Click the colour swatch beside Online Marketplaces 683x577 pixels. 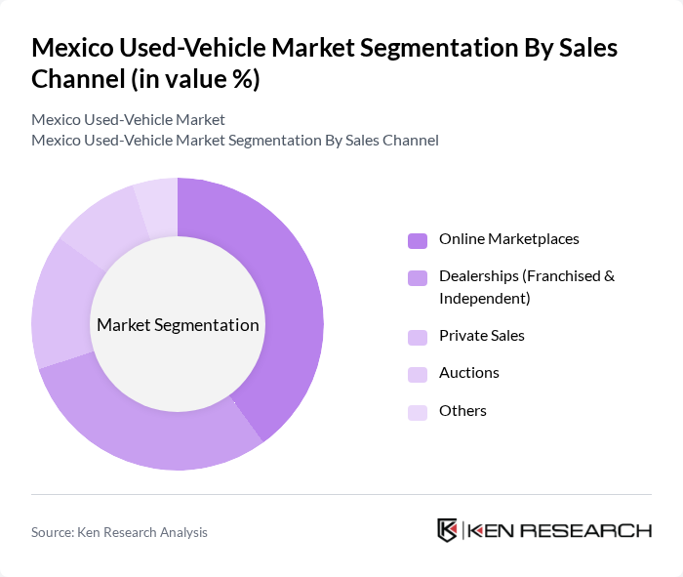[x=418, y=240]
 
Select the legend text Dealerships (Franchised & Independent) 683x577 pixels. [x=526, y=287]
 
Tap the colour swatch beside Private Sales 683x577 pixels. [x=418, y=337]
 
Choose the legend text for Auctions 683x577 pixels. [x=468, y=373]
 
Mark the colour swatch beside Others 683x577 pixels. [x=418, y=412]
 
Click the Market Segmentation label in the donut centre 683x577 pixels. [x=178, y=325]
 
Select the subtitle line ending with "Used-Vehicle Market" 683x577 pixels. [x=128, y=119]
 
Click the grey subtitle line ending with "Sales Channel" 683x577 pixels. [x=234, y=140]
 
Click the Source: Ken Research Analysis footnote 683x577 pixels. [x=119, y=532]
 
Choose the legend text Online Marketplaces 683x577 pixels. [x=508, y=239]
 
